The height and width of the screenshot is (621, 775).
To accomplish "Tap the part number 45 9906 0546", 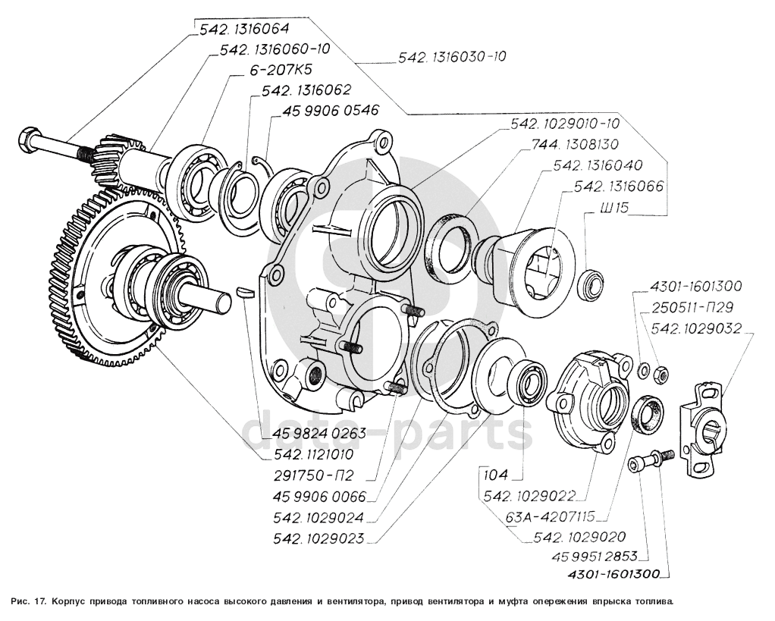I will [x=329, y=110].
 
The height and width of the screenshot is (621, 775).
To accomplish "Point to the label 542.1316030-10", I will [x=452, y=57].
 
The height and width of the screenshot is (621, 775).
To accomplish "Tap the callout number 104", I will [x=497, y=476].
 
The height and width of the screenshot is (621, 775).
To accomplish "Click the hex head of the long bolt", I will [x=27, y=140].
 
